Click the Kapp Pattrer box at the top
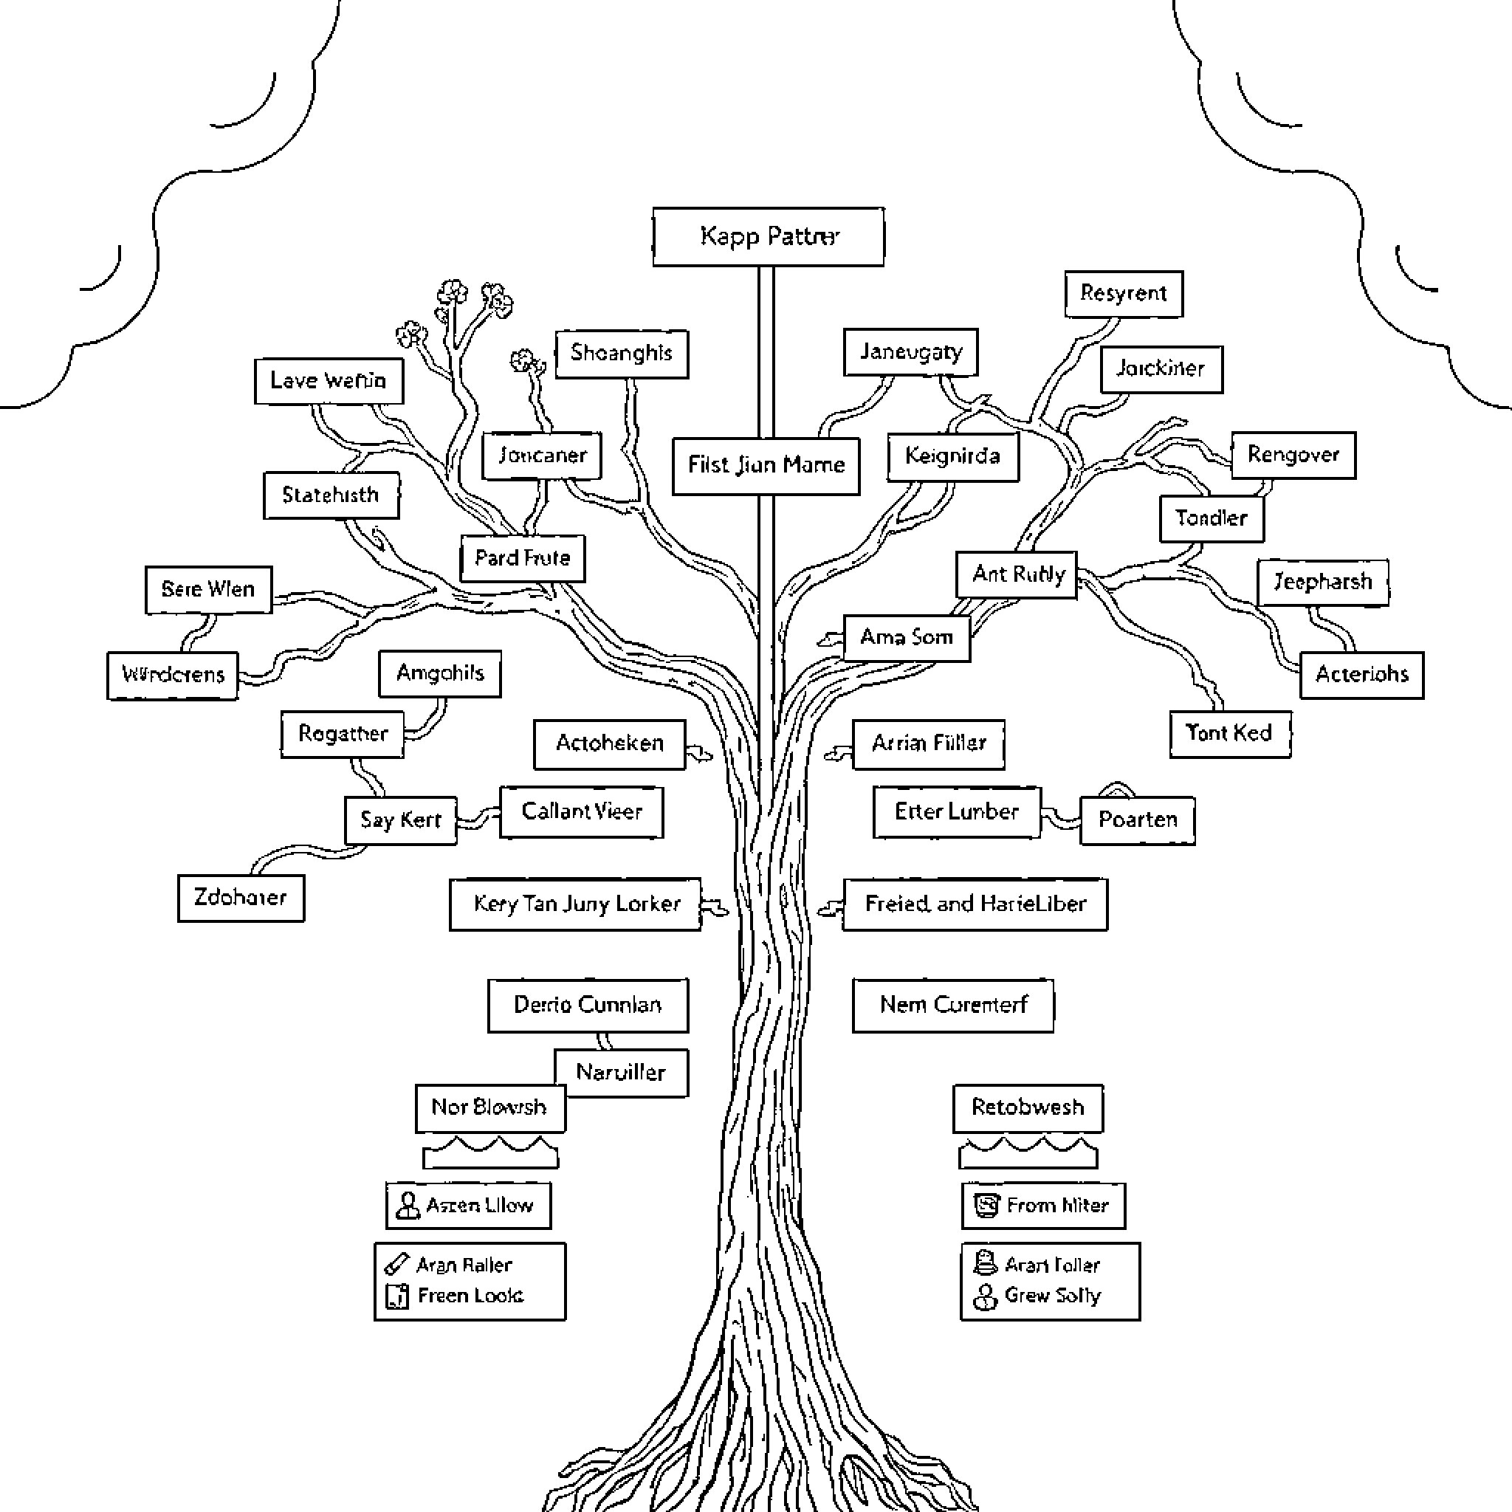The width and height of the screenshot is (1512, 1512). point(769,236)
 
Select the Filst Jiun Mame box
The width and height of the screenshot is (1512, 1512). point(766,466)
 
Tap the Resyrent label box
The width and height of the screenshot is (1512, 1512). point(1123,294)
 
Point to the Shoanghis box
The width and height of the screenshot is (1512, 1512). point(622,354)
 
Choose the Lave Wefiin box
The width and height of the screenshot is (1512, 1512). point(329,381)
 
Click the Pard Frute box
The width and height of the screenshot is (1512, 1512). point(522,558)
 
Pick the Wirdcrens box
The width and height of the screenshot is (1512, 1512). point(173,675)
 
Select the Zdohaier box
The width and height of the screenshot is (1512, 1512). point(240,898)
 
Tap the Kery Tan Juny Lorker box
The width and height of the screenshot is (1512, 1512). point(575,904)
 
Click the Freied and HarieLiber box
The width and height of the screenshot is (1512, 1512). point(975,904)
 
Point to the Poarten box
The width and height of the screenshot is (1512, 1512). point(1137,820)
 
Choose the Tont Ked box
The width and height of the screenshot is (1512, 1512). point(1229,733)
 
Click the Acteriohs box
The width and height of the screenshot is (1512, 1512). point(1361,675)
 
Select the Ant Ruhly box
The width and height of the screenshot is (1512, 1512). point(1017,575)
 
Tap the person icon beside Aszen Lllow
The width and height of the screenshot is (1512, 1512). point(407,1205)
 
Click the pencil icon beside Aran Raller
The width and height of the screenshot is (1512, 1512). point(396,1264)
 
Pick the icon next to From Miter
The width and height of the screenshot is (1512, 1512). point(986,1205)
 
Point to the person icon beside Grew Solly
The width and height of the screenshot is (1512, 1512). point(983,1296)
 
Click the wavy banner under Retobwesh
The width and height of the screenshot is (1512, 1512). point(1028,1152)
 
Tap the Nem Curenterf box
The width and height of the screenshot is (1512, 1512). point(952,1005)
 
